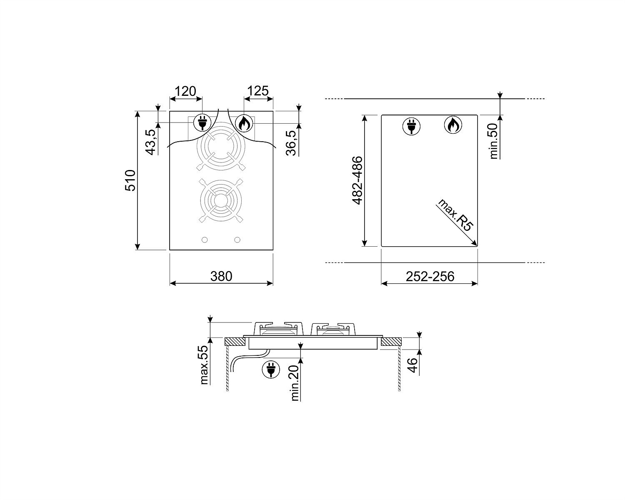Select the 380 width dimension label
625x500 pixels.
coord(221,277)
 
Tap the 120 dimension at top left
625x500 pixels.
coord(185,91)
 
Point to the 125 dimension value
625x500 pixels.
coord(257,91)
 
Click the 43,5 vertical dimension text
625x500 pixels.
coord(150,142)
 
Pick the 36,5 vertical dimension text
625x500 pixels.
coord(291,143)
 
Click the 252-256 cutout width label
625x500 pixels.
coord(430,277)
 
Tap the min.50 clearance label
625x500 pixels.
coord(493,141)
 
